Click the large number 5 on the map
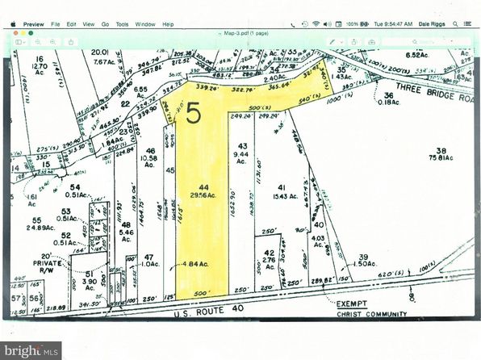(194, 114)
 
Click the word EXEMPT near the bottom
(352, 304)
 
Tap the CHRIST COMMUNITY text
(371, 314)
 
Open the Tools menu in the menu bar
(122, 24)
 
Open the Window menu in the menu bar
(146, 24)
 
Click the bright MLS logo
(31, 350)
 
